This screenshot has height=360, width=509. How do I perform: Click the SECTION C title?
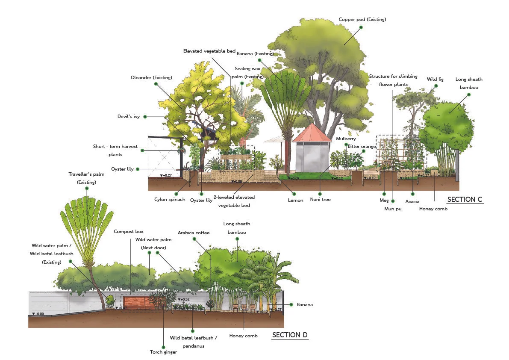click(x=465, y=199)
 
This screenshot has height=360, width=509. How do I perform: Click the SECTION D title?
click(x=290, y=335)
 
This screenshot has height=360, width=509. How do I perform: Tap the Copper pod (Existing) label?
click(x=362, y=19)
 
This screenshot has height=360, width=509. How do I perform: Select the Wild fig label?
click(x=435, y=79)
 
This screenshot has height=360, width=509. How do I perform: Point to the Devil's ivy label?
click(x=128, y=116)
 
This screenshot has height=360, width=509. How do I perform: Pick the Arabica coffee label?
click(x=194, y=233)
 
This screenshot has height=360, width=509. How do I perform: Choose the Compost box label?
click(x=129, y=231)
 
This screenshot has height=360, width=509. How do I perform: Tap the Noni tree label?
click(x=321, y=199)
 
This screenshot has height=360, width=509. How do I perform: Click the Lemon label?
click(x=295, y=200)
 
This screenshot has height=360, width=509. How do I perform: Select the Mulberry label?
click(x=346, y=139)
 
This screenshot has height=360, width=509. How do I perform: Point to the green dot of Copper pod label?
click(x=361, y=27)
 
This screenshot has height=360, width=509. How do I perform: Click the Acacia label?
click(x=412, y=201)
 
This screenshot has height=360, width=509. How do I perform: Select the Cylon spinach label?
click(x=170, y=200)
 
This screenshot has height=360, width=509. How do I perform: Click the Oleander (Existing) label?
click(x=151, y=77)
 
